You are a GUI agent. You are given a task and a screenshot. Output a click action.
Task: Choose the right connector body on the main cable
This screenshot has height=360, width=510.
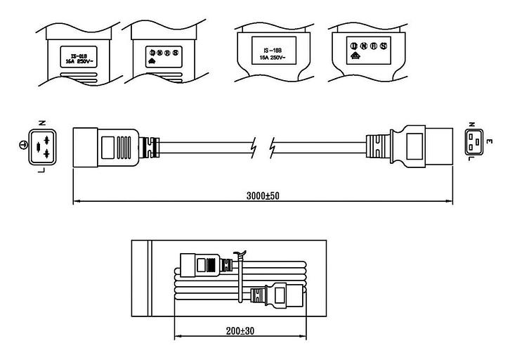419,148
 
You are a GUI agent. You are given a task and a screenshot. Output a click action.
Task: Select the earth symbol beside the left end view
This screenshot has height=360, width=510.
22,145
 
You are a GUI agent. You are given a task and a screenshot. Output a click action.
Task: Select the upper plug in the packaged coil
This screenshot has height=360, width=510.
203,266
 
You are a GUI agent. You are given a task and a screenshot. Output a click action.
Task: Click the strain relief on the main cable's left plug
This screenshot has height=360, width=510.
149,146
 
